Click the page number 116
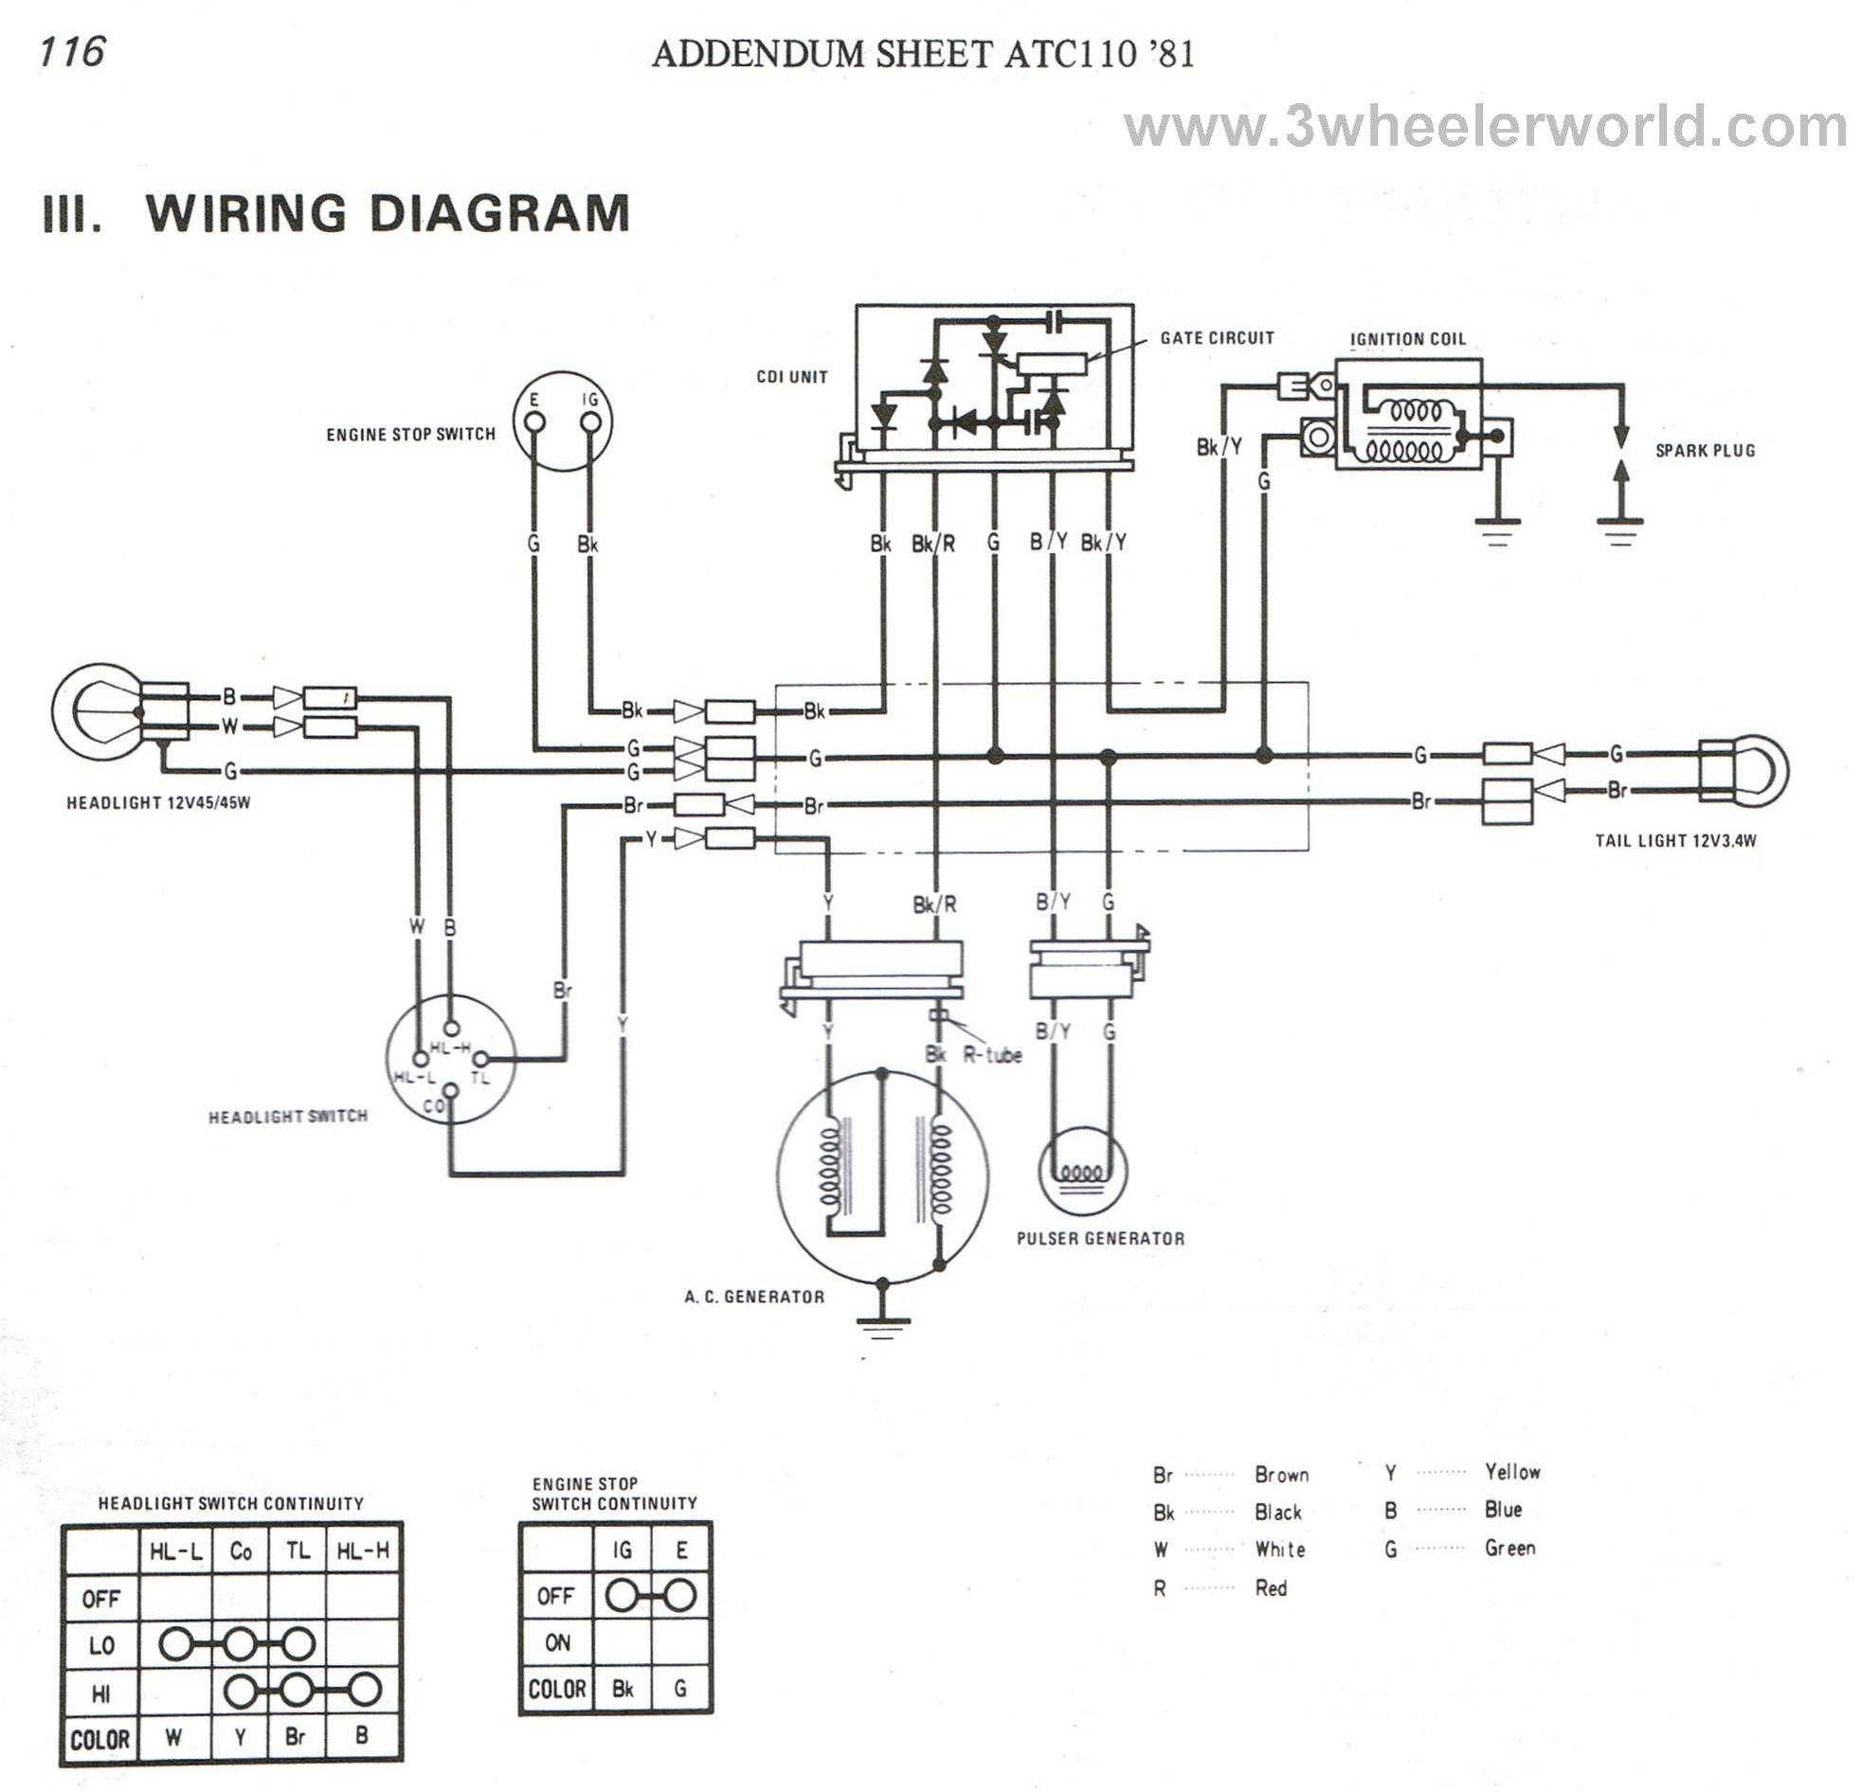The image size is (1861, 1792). click(x=72, y=51)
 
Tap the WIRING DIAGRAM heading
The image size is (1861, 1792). click(x=388, y=212)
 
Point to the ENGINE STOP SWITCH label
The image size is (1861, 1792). click(x=410, y=435)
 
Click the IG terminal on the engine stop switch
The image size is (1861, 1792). click(x=591, y=421)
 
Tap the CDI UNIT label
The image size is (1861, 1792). click(x=792, y=377)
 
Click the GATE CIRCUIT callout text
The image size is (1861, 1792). click(x=1217, y=338)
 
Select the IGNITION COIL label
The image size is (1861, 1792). click(x=1407, y=339)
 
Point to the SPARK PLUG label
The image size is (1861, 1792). click(x=1706, y=451)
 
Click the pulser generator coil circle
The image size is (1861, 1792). click(x=1082, y=1171)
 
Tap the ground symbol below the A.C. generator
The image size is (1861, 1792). click(x=882, y=1324)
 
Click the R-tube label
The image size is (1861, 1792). click(x=992, y=1054)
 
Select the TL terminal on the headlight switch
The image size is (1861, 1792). click(x=480, y=1058)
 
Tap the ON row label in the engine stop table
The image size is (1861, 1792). click(x=557, y=1643)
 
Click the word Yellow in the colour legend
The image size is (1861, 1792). click(x=1512, y=1472)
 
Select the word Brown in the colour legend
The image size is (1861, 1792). click(x=1281, y=1475)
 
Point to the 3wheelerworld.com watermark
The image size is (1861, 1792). click(x=1485, y=128)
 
